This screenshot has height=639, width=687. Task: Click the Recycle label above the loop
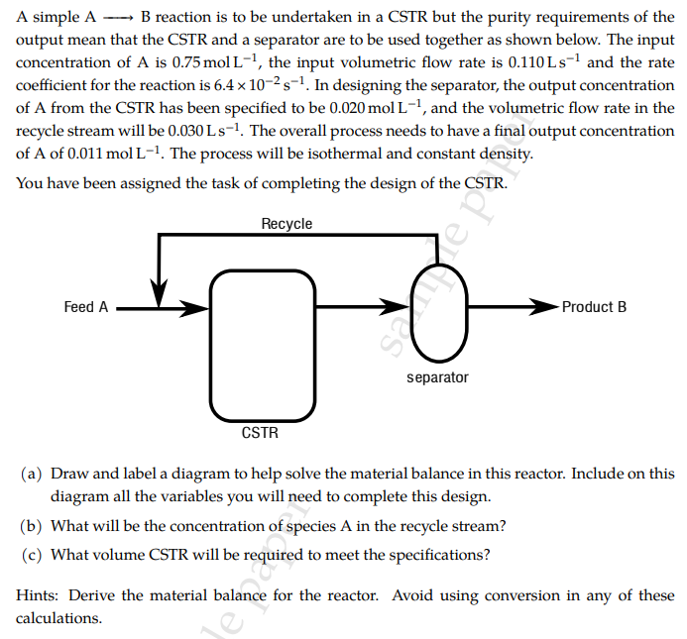click(286, 224)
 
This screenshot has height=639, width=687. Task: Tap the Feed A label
click(86, 307)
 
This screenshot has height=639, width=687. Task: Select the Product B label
click(594, 307)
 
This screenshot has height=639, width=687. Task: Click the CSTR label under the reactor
click(260, 433)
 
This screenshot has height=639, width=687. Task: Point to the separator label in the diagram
click(437, 377)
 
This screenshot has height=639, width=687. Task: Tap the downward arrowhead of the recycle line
click(158, 295)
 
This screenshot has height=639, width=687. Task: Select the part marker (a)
click(32, 475)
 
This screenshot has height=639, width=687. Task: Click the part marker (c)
click(32, 555)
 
